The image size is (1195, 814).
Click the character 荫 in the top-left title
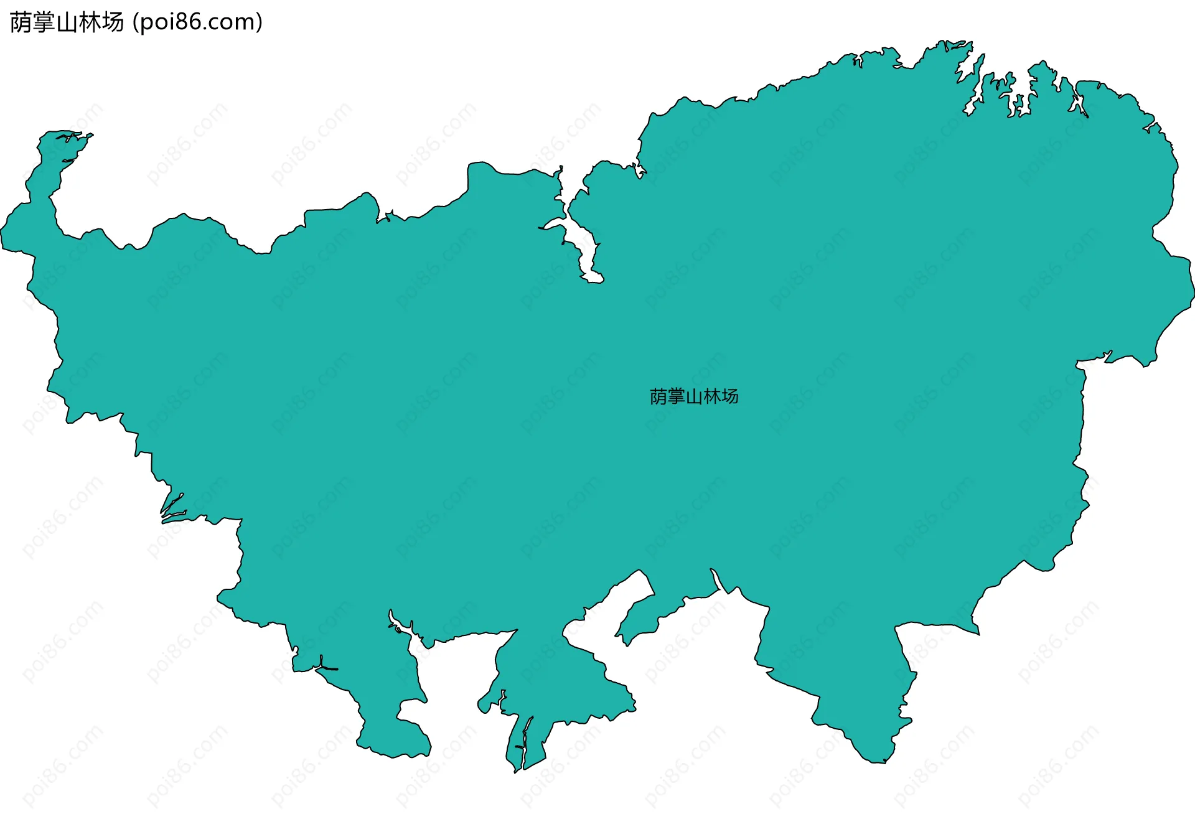pos(21,22)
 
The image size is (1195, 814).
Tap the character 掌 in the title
pos(44,22)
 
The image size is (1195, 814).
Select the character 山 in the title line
pos(67,22)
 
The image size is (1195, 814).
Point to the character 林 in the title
pos(90,22)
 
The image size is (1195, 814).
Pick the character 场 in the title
pos(113,22)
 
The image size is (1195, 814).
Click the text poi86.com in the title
pos(198,22)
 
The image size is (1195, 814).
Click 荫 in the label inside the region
pos(658,396)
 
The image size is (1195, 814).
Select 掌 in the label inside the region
pos(677,396)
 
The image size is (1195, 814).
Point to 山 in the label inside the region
pos(694,396)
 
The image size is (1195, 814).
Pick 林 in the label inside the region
pos(712,396)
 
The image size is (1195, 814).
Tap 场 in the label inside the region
pos(730,396)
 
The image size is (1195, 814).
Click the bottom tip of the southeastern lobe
pos(878,760)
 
